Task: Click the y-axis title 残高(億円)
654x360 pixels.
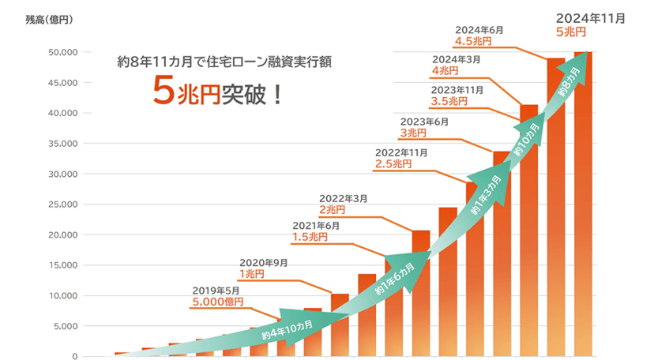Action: pos(49,20)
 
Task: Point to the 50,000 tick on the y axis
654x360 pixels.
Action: pos(60,52)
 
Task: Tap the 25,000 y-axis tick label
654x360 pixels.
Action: pos(60,204)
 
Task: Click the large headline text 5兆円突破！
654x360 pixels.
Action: pos(218,93)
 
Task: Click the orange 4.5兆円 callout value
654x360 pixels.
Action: pos(473,41)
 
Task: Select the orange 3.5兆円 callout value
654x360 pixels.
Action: pos(449,101)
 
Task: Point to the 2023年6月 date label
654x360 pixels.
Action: pos(425,122)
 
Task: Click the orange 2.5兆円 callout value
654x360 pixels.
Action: pos(393,163)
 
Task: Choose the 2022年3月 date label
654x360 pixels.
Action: pos(343,198)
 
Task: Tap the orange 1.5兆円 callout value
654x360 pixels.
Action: pos(310,236)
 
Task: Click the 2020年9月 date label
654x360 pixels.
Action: pos(263,262)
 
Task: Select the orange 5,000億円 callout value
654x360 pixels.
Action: pos(217,301)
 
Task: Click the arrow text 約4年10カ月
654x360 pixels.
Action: pos(287,330)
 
